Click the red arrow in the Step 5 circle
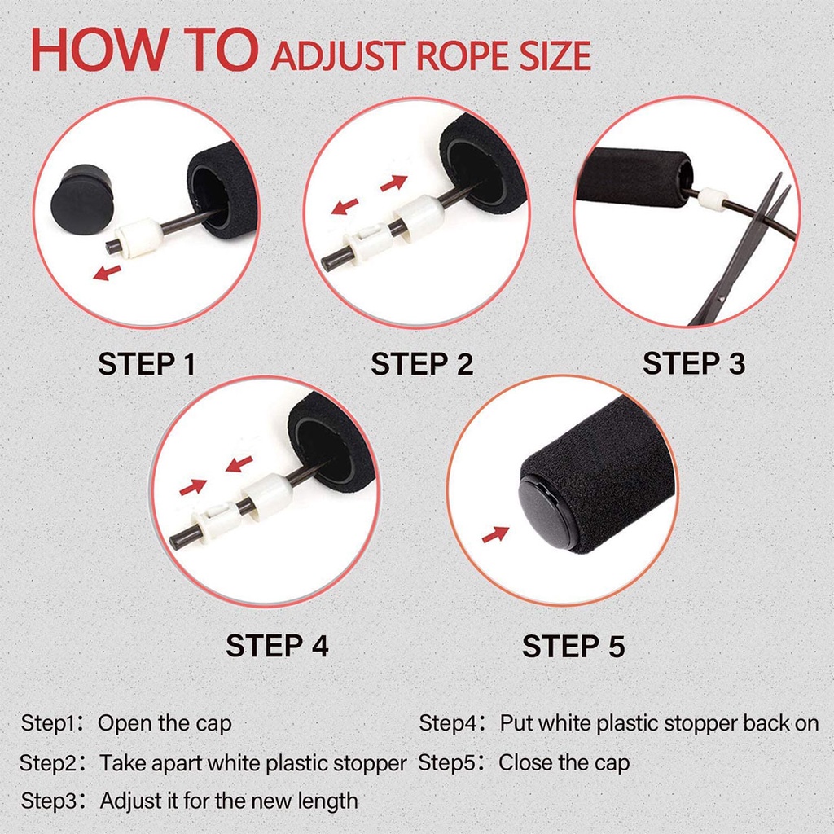(x=494, y=534)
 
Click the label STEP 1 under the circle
(x=147, y=364)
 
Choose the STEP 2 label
(x=421, y=364)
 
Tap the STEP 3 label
(x=693, y=363)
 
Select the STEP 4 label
(x=277, y=646)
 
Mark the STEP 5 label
(x=573, y=647)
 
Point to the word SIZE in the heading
(x=551, y=57)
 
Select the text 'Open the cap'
(x=165, y=723)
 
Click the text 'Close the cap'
(x=564, y=763)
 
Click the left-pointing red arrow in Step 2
(x=345, y=206)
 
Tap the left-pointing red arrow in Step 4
(x=239, y=465)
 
